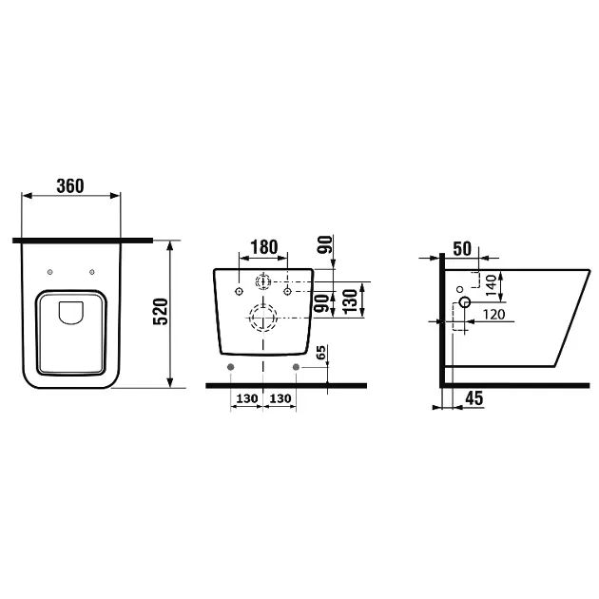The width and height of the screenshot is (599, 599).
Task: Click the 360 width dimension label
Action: click(70, 185)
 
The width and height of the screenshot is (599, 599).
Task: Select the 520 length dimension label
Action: click(161, 312)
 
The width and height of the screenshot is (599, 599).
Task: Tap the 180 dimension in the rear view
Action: click(263, 248)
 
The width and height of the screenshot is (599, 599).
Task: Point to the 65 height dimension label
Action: click(321, 353)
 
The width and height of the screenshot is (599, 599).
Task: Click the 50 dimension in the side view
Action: click(462, 248)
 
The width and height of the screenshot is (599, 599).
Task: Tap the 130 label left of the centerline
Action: click(246, 398)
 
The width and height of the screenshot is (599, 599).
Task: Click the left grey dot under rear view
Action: click(229, 366)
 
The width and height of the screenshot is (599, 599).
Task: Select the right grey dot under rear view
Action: click(297, 366)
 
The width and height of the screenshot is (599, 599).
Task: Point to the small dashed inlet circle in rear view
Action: click(262, 281)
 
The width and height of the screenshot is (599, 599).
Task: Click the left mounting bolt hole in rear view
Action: click(239, 289)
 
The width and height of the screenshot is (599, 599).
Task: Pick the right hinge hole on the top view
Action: click(91, 274)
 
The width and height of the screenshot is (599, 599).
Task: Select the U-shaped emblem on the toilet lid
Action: click(71, 312)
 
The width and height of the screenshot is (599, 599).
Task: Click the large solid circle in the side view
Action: click(464, 302)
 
